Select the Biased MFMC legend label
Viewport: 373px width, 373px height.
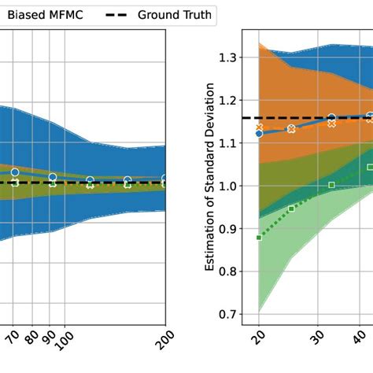(x=47, y=14)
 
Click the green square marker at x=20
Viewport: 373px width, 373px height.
(x=259, y=237)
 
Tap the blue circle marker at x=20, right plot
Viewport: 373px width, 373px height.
(x=259, y=134)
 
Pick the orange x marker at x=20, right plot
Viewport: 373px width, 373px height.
(x=260, y=127)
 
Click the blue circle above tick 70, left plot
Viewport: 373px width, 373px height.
(x=14, y=172)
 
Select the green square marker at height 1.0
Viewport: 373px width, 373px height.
(x=331, y=185)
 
